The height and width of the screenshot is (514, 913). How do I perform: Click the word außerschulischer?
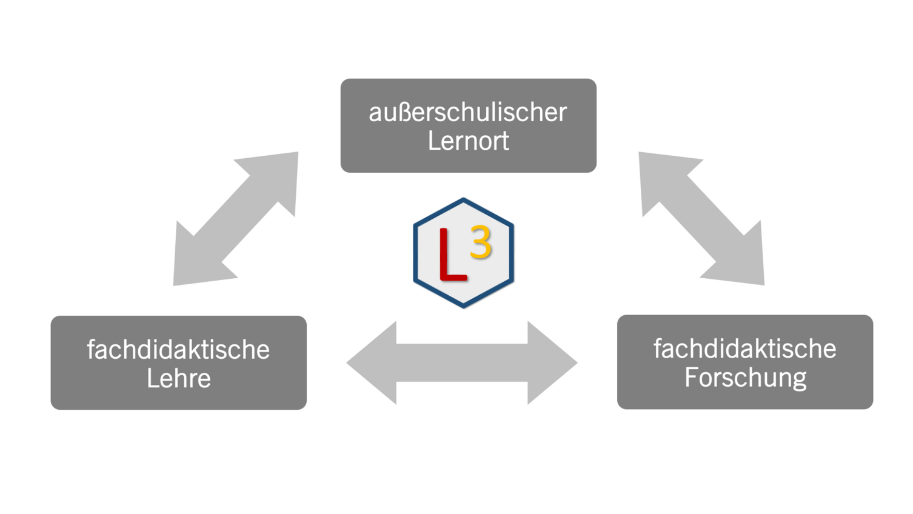467,112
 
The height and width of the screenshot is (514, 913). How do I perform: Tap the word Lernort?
468,141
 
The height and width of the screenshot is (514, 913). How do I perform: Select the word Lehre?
178,378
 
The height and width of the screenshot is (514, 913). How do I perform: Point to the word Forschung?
745,377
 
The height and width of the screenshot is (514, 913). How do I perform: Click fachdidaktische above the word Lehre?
178,350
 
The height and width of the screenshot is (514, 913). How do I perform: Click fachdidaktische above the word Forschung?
745,349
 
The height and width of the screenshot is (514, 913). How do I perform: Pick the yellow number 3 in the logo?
481,242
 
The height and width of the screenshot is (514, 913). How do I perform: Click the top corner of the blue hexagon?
463,199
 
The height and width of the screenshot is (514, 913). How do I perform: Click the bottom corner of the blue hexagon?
463,306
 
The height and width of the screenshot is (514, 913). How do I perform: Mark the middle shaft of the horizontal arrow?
462,363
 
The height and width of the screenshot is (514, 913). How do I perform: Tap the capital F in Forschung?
691,377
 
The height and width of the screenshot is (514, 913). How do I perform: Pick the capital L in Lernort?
433,141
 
